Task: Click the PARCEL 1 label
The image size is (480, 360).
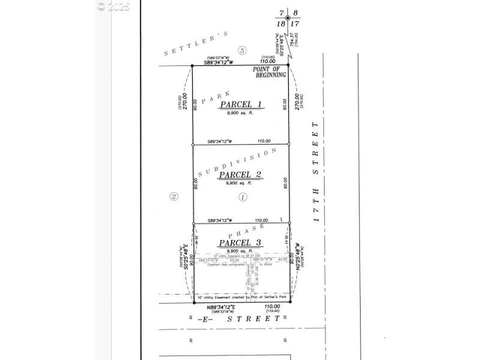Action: [x=241, y=104]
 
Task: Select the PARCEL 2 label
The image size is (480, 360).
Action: [x=239, y=175]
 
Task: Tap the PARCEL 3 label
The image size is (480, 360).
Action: [x=239, y=242]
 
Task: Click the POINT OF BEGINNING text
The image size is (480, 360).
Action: [x=268, y=71]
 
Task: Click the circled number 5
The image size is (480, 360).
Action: [x=242, y=50]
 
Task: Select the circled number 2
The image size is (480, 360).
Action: [x=173, y=196]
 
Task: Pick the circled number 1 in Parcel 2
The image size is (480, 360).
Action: [x=243, y=197]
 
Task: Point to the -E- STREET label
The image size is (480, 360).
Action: [x=239, y=320]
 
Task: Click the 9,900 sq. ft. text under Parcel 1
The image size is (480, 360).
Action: [x=241, y=113]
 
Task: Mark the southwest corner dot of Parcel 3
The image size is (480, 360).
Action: [x=193, y=302]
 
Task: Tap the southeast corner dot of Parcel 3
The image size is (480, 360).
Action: [x=289, y=302]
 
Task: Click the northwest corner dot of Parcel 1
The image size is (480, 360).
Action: [x=192, y=65]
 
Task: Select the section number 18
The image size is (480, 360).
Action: [x=280, y=24]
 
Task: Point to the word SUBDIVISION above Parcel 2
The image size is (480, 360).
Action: [x=238, y=161]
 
